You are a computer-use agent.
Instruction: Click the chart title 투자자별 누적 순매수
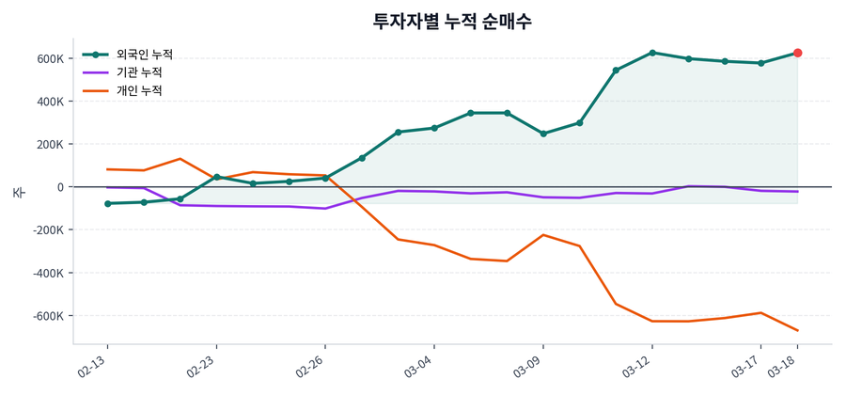[x=453, y=21]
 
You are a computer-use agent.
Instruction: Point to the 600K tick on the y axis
[x=51, y=58]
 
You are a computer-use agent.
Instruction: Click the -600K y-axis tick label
[x=49, y=316]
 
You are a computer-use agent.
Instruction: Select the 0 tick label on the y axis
[x=60, y=187]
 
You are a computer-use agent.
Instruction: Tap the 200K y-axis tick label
[x=51, y=145]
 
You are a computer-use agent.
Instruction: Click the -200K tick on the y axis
[x=49, y=230]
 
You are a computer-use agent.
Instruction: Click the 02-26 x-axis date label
[x=311, y=366]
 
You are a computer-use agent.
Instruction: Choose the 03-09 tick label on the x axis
[x=528, y=366]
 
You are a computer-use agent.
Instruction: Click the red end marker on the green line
[x=797, y=54]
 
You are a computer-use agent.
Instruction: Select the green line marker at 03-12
[x=652, y=53]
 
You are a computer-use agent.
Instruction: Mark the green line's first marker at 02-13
[x=107, y=203]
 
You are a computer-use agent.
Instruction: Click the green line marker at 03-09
[x=543, y=134]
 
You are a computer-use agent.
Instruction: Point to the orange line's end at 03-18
[x=797, y=330]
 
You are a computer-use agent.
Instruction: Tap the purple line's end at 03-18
[x=797, y=192]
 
